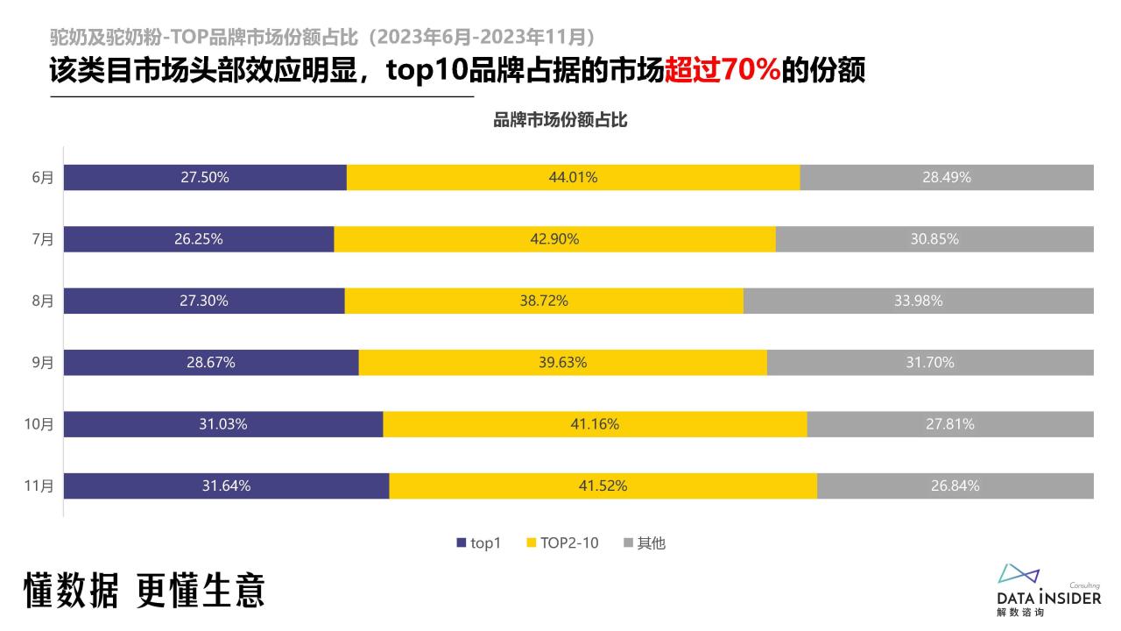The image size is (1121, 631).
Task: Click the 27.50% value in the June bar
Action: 205,177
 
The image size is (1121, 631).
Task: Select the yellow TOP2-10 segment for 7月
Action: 554,238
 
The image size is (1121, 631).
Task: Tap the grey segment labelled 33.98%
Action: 919,301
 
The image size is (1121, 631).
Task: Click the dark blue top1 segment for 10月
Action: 223,424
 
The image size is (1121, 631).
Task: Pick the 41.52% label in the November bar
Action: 603,486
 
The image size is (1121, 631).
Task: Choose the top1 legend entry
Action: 478,543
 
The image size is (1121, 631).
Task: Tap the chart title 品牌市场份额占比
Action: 560,121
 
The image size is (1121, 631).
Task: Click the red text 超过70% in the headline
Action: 723,70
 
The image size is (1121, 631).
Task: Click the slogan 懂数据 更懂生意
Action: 145,591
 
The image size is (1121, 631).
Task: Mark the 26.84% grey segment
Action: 955,486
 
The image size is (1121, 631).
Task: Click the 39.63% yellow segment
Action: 562,363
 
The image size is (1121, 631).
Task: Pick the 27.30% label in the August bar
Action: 204,301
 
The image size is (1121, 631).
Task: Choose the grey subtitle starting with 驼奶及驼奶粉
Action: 324,37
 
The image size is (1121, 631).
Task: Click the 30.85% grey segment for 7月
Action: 934,238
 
